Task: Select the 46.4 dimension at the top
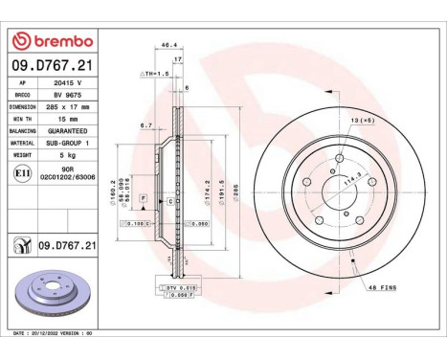click(168, 44)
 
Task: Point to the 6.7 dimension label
click(145, 124)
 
